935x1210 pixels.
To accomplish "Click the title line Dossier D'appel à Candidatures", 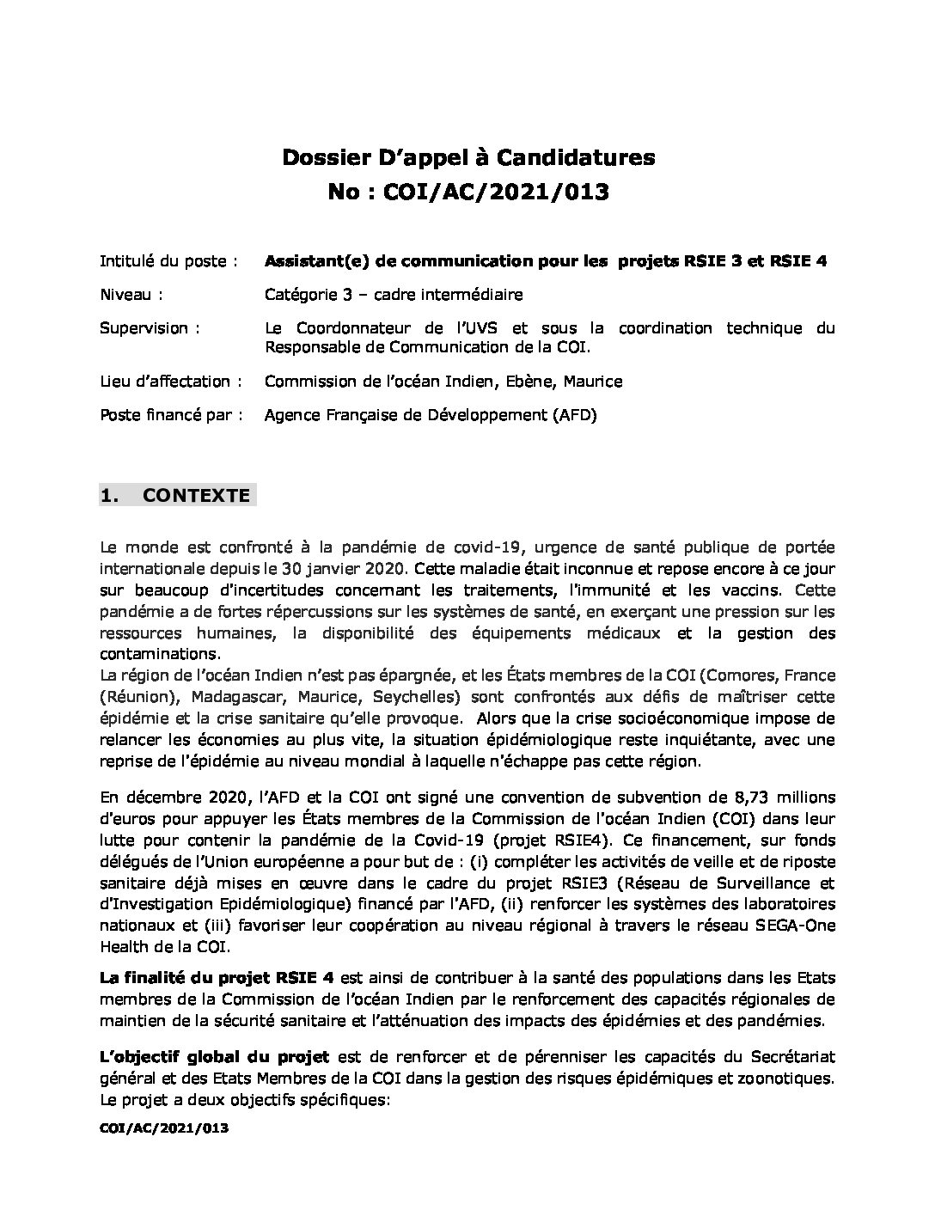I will [x=468, y=157].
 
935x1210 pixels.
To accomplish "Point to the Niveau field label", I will [x=131, y=295].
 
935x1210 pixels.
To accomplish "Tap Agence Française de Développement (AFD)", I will [x=430, y=415].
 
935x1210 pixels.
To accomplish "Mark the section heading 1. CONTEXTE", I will [x=177, y=496].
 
